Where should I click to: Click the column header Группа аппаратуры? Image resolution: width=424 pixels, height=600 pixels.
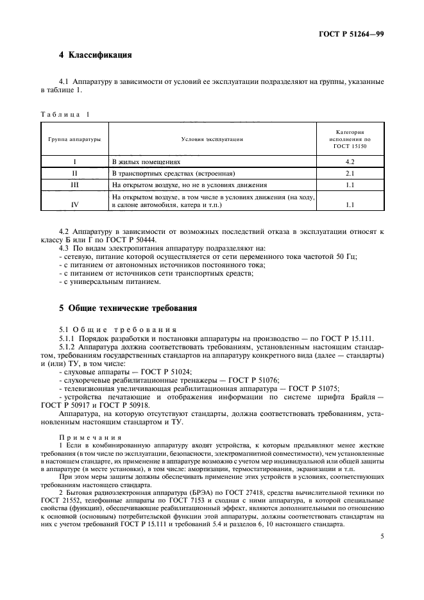coord(75,138)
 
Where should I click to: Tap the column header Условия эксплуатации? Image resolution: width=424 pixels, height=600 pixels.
coord(212,138)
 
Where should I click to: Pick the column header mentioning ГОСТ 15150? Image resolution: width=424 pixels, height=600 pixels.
coord(350,138)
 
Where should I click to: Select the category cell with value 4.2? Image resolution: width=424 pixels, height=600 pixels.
coord(350,162)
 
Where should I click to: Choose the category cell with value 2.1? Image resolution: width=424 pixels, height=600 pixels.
coord(350,174)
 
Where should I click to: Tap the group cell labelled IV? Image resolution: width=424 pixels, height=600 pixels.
coord(75,204)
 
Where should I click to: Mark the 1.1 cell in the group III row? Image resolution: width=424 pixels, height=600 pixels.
coord(350,185)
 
